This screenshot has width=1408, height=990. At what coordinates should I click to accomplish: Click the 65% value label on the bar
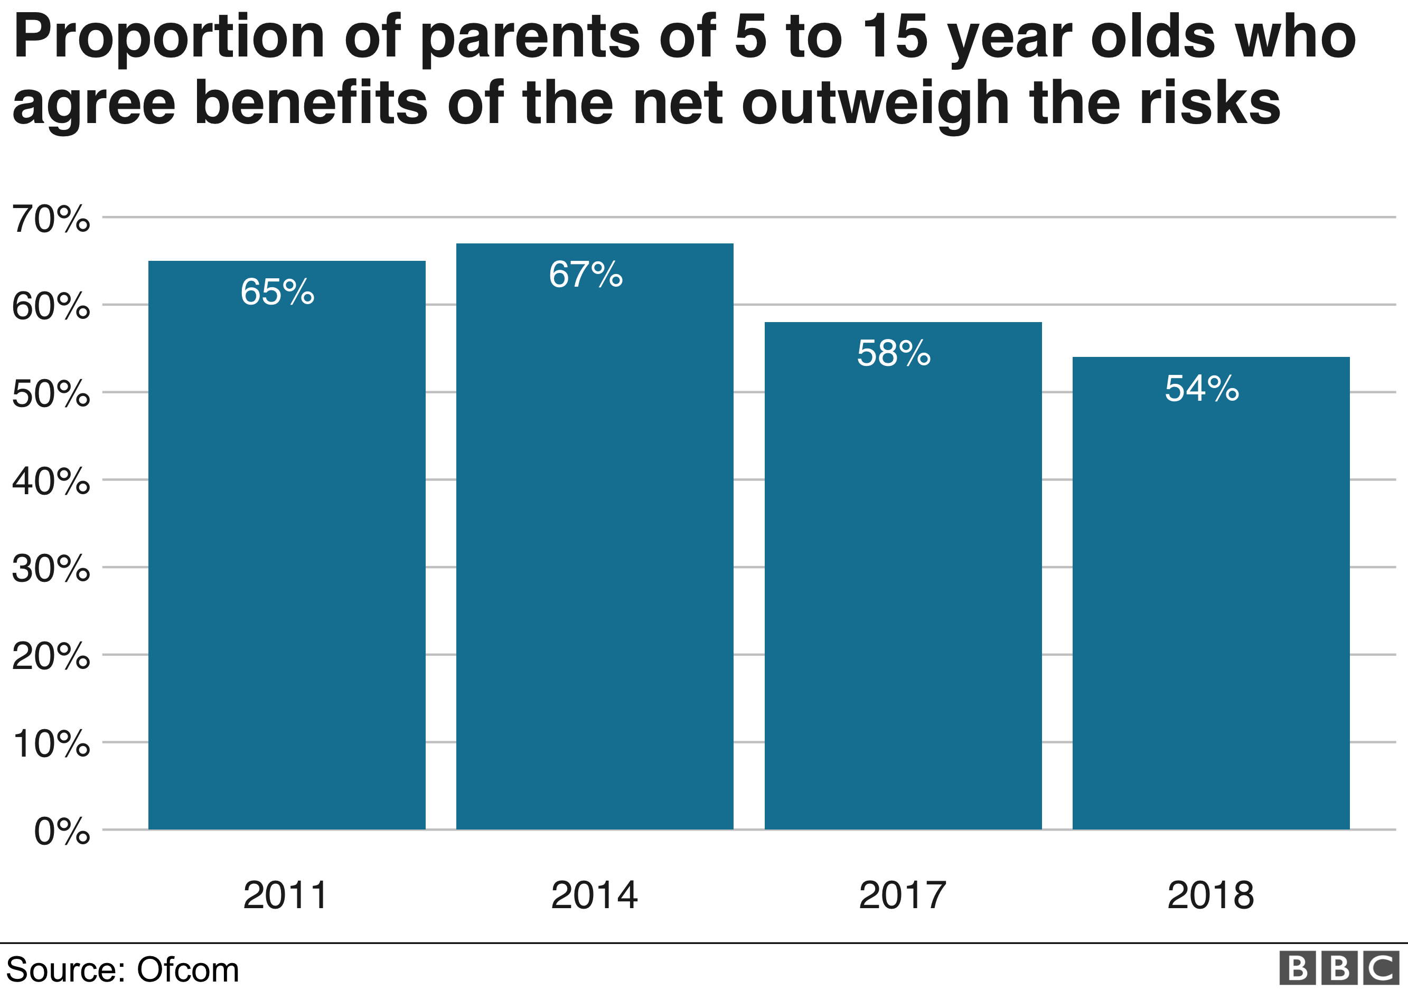(x=277, y=292)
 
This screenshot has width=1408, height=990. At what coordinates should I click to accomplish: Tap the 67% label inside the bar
(x=586, y=275)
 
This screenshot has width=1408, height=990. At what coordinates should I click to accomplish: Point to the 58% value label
(x=894, y=354)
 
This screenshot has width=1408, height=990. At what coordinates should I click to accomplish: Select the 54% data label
(x=1202, y=389)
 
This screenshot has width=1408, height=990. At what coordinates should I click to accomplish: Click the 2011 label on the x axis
(x=286, y=895)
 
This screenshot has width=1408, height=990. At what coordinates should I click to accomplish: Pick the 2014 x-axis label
(x=594, y=895)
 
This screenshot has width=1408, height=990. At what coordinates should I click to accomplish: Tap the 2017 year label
(x=902, y=895)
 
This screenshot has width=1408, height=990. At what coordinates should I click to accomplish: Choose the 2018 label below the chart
(x=1210, y=895)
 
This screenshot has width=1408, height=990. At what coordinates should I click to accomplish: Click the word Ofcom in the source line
(x=187, y=970)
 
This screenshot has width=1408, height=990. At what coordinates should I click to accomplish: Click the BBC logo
(x=1339, y=968)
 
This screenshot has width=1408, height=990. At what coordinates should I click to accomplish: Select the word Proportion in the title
(x=168, y=38)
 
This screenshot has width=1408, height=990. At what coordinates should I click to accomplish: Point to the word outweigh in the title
(x=875, y=104)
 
